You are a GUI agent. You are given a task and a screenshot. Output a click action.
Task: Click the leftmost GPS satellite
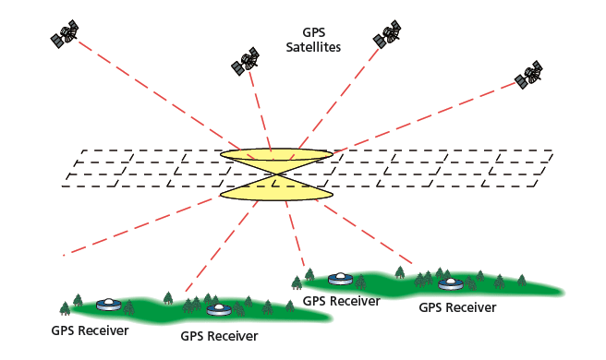point(66,36)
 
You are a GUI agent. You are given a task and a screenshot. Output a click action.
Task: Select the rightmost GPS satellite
point(530,75)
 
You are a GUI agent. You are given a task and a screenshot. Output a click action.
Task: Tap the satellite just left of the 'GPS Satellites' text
point(245,64)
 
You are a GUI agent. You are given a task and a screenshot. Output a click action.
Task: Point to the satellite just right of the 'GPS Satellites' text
point(386,35)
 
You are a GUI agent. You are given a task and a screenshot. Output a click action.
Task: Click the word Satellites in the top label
point(315,45)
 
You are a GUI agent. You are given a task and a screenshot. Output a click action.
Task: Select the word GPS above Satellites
point(315,30)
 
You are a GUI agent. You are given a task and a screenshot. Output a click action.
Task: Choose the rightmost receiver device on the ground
point(450,283)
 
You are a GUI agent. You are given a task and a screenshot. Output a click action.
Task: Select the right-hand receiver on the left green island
point(218,309)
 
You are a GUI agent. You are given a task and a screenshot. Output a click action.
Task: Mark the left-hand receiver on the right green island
point(341,277)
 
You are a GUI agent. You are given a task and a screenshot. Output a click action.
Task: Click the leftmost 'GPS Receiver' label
point(90,330)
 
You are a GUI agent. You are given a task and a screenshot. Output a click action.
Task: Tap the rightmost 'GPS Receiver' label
point(457,307)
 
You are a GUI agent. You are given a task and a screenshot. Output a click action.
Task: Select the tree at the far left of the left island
point(65,307)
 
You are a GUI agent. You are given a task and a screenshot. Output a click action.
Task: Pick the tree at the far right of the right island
point(522,279)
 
